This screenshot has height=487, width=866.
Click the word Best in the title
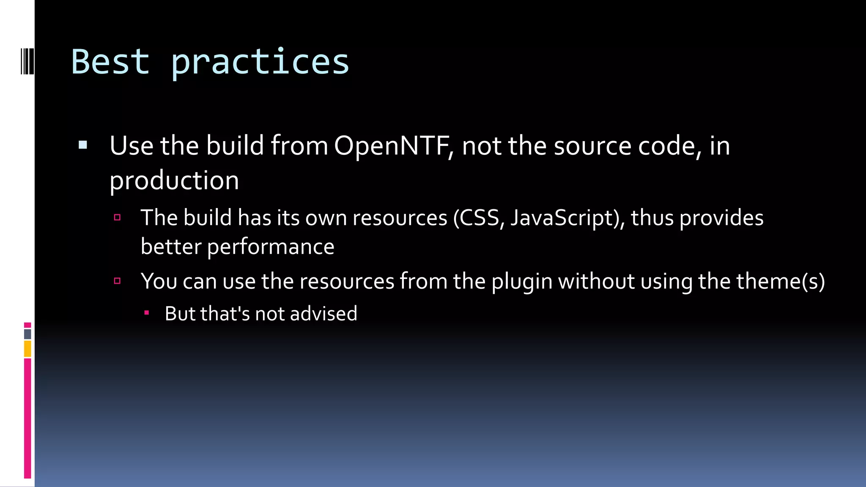click(110, 62)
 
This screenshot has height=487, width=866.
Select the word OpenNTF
click(391, 146)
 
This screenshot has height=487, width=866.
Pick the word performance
click(271, 247)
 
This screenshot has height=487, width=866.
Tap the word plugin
click(522, 282)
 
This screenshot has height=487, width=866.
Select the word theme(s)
click(781, 282)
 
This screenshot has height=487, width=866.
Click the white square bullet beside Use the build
click(83, 145)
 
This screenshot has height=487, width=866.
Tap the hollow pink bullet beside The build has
click(118, 218)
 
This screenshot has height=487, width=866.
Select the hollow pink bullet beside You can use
click(118, 281)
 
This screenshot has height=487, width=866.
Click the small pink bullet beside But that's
click(146, 313)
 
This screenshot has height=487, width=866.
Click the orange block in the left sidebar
click(27, 349)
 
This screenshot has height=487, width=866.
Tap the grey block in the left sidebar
click(27, 334)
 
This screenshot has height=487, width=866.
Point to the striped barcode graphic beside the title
click(27, 61)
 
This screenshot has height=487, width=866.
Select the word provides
click(721, 218)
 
